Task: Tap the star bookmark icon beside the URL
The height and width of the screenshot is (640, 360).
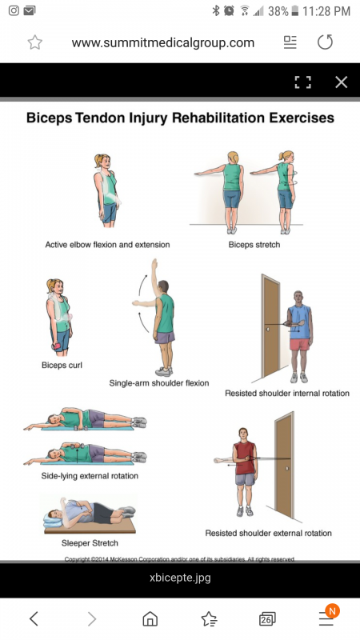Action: pos(35,42)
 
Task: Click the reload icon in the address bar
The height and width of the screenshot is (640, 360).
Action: pos(326,42)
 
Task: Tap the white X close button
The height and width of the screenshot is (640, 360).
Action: pos(342,82)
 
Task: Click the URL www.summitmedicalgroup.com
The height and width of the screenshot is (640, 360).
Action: pos(163,43)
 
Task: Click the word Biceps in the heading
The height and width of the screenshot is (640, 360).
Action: pos(49,118)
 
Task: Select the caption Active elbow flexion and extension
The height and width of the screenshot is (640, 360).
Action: pos(107,245)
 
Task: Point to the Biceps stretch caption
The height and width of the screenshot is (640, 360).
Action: pos(254,245)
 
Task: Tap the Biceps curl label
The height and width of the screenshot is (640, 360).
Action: pos(62,365)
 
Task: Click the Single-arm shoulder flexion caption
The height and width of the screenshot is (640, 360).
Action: pos(159,383)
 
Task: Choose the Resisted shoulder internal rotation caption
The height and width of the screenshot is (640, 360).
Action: pos(287,393)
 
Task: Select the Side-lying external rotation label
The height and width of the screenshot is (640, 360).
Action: pos(90,475)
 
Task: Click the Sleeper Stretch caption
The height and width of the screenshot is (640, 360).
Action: pos(90,543)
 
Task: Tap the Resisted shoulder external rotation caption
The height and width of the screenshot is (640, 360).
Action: pos(268,533)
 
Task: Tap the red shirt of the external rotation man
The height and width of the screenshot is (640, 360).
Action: pos(245,458)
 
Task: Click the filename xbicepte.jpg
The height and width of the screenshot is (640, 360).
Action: pos(180,578)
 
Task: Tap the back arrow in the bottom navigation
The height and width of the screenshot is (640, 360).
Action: pos(34,618)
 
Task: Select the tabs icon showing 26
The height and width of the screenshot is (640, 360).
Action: pos(267,619)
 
